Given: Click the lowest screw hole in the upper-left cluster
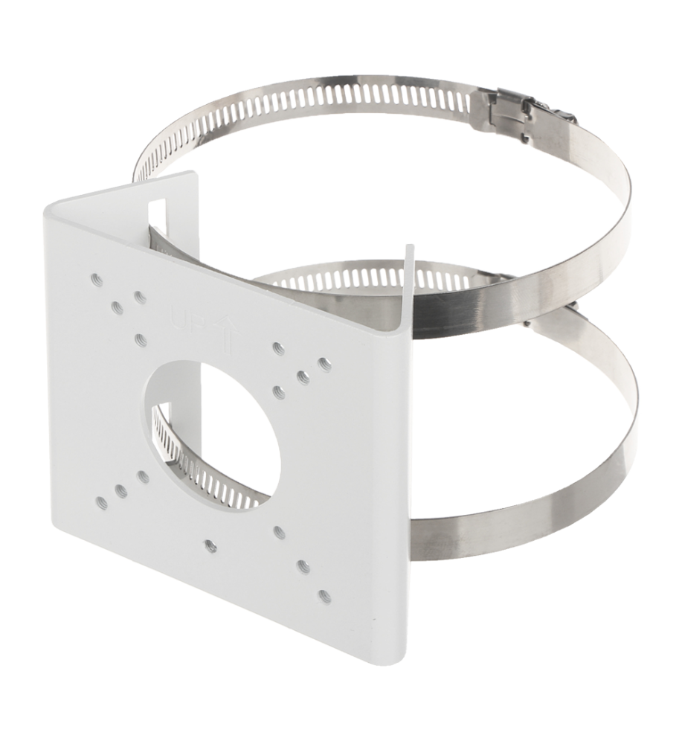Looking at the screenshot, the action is coord(140,339).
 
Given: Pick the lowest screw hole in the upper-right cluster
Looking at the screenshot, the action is coord(280,391).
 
